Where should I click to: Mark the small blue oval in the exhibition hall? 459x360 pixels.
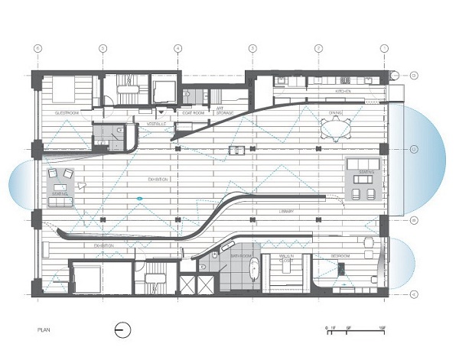[x=139, y=199]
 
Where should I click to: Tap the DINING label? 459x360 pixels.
[x=336, y=112]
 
